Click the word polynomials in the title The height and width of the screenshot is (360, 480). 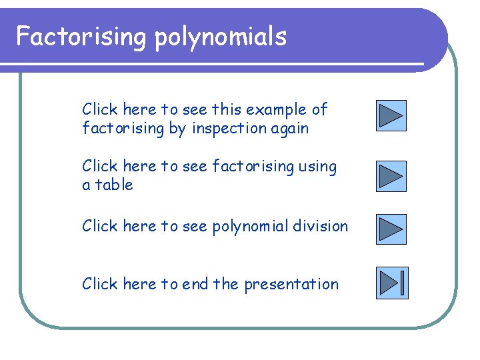(221, 37)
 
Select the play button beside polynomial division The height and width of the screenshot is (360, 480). (391, 229)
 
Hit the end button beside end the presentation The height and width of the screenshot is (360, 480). (391, 283)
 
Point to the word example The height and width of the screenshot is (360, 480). (277, 109)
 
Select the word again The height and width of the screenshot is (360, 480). (291, 129)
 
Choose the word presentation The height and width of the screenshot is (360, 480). (291, 285)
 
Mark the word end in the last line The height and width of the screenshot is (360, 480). (195, 284)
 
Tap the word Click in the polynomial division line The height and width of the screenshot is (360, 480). (99, 226)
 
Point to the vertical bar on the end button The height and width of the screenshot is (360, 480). (403, 283)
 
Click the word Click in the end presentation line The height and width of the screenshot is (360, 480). (99, 284)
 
